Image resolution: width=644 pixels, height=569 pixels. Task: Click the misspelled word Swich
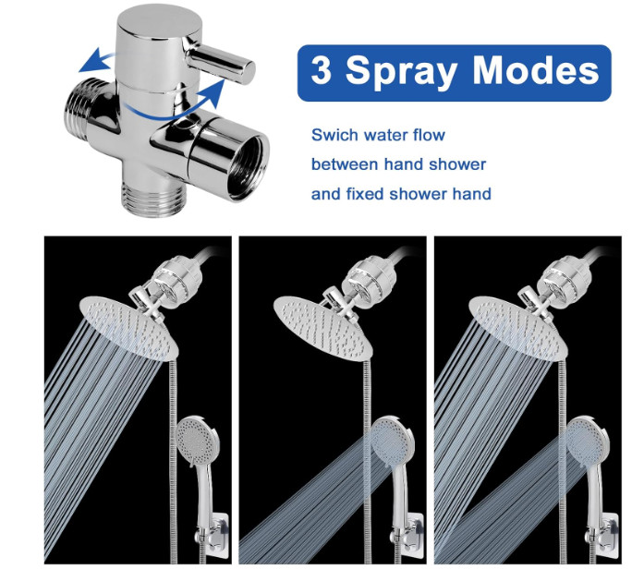point(331,135)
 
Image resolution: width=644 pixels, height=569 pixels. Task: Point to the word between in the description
point(345,164)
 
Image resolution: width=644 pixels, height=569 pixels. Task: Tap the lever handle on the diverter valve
point(220,62)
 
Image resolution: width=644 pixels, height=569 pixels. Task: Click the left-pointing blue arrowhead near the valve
point(91,61)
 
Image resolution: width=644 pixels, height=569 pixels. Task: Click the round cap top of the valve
point(155,22)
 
